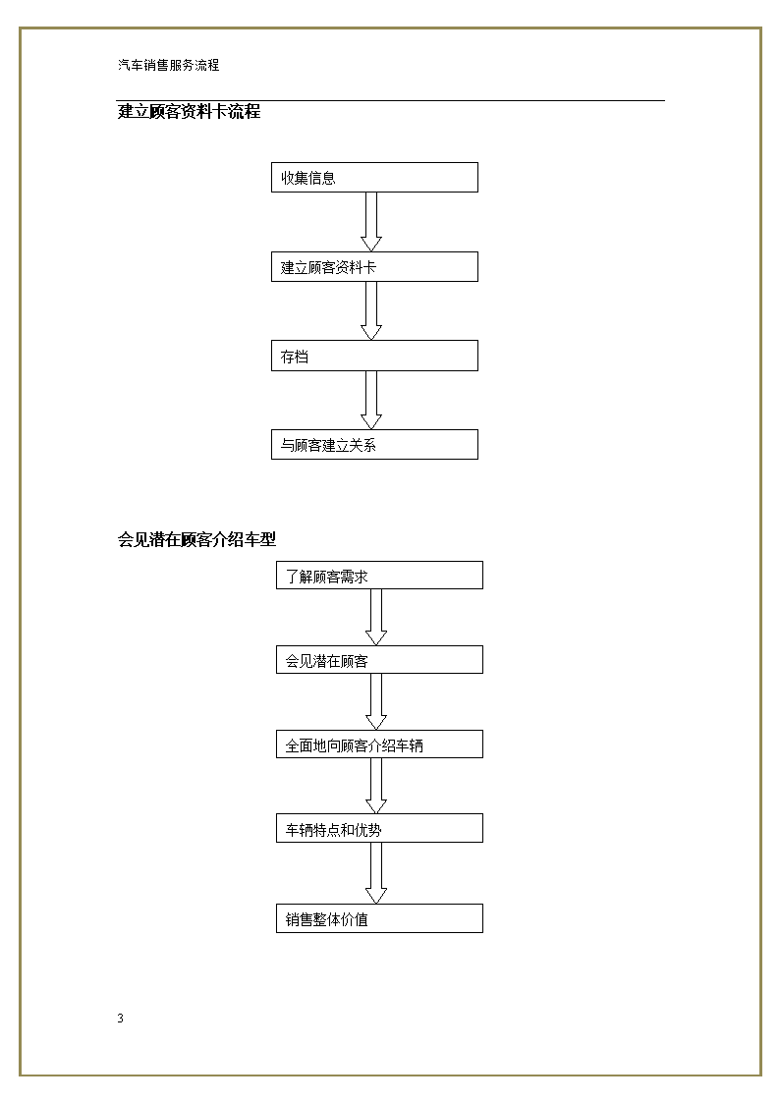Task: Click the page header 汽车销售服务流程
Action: tap(169, 65)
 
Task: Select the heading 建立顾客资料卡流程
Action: tap(190, 111)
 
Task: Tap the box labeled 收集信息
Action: tap(375, 177)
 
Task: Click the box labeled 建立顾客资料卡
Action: tap(375, 266)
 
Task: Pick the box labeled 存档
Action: tap(375, 356)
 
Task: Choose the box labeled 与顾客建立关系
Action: tap(375, 445)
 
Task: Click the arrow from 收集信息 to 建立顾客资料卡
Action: tap(371, 222)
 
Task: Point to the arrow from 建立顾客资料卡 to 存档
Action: tap(371, 311)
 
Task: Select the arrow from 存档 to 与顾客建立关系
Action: tap(371, 401)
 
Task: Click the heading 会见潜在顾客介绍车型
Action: tap(196, 539)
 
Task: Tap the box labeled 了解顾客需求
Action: tap(380, 576)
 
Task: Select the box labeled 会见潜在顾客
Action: tap(380, 660)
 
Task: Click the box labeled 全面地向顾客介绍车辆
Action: tap(380, 745)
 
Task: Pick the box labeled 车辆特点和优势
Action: tap(380, 828)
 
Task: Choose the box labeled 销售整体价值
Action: tap(380, 918)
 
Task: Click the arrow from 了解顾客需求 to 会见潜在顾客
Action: tap(376, 618)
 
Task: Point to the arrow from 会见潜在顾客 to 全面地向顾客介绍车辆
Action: tap(376, 702)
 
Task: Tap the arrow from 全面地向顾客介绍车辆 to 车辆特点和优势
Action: tap(376, 787)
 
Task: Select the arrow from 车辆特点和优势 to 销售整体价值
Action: tap(376, 873)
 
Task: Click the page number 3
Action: tap(120, 1018)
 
